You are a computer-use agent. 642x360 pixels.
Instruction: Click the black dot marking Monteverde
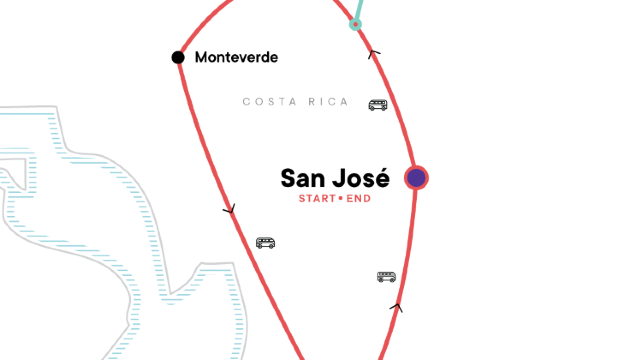(x=178, y=57)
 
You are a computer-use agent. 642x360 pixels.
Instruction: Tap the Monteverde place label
(x=236, y=57)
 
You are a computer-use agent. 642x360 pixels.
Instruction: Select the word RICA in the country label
(x=329, y=102)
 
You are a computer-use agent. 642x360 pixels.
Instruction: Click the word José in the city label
(x=362, y=178)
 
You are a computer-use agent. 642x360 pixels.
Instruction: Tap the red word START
(x=317, y=198)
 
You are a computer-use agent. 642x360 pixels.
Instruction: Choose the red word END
(x=358, y=198)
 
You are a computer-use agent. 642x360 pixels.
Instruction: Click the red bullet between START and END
(x=340, y=198)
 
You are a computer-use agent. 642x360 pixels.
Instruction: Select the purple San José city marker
(x=416, y=178)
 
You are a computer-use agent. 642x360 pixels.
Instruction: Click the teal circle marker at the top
(x=355, y=23)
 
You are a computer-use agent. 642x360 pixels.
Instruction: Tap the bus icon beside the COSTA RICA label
(x=378, y=104)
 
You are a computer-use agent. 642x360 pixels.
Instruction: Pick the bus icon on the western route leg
(x=265, y=242)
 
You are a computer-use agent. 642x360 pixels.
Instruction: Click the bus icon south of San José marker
(x=386, y=276)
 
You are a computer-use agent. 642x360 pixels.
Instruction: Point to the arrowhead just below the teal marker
(x=375, y=54)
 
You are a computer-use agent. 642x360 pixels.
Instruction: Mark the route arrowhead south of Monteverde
(x=230, y=210)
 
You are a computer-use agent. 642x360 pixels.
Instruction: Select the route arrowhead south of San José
(x=397, y=308)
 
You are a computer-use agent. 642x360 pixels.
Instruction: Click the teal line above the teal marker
(x=359, y=8)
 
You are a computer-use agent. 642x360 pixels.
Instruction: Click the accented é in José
(x=382, y=178)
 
